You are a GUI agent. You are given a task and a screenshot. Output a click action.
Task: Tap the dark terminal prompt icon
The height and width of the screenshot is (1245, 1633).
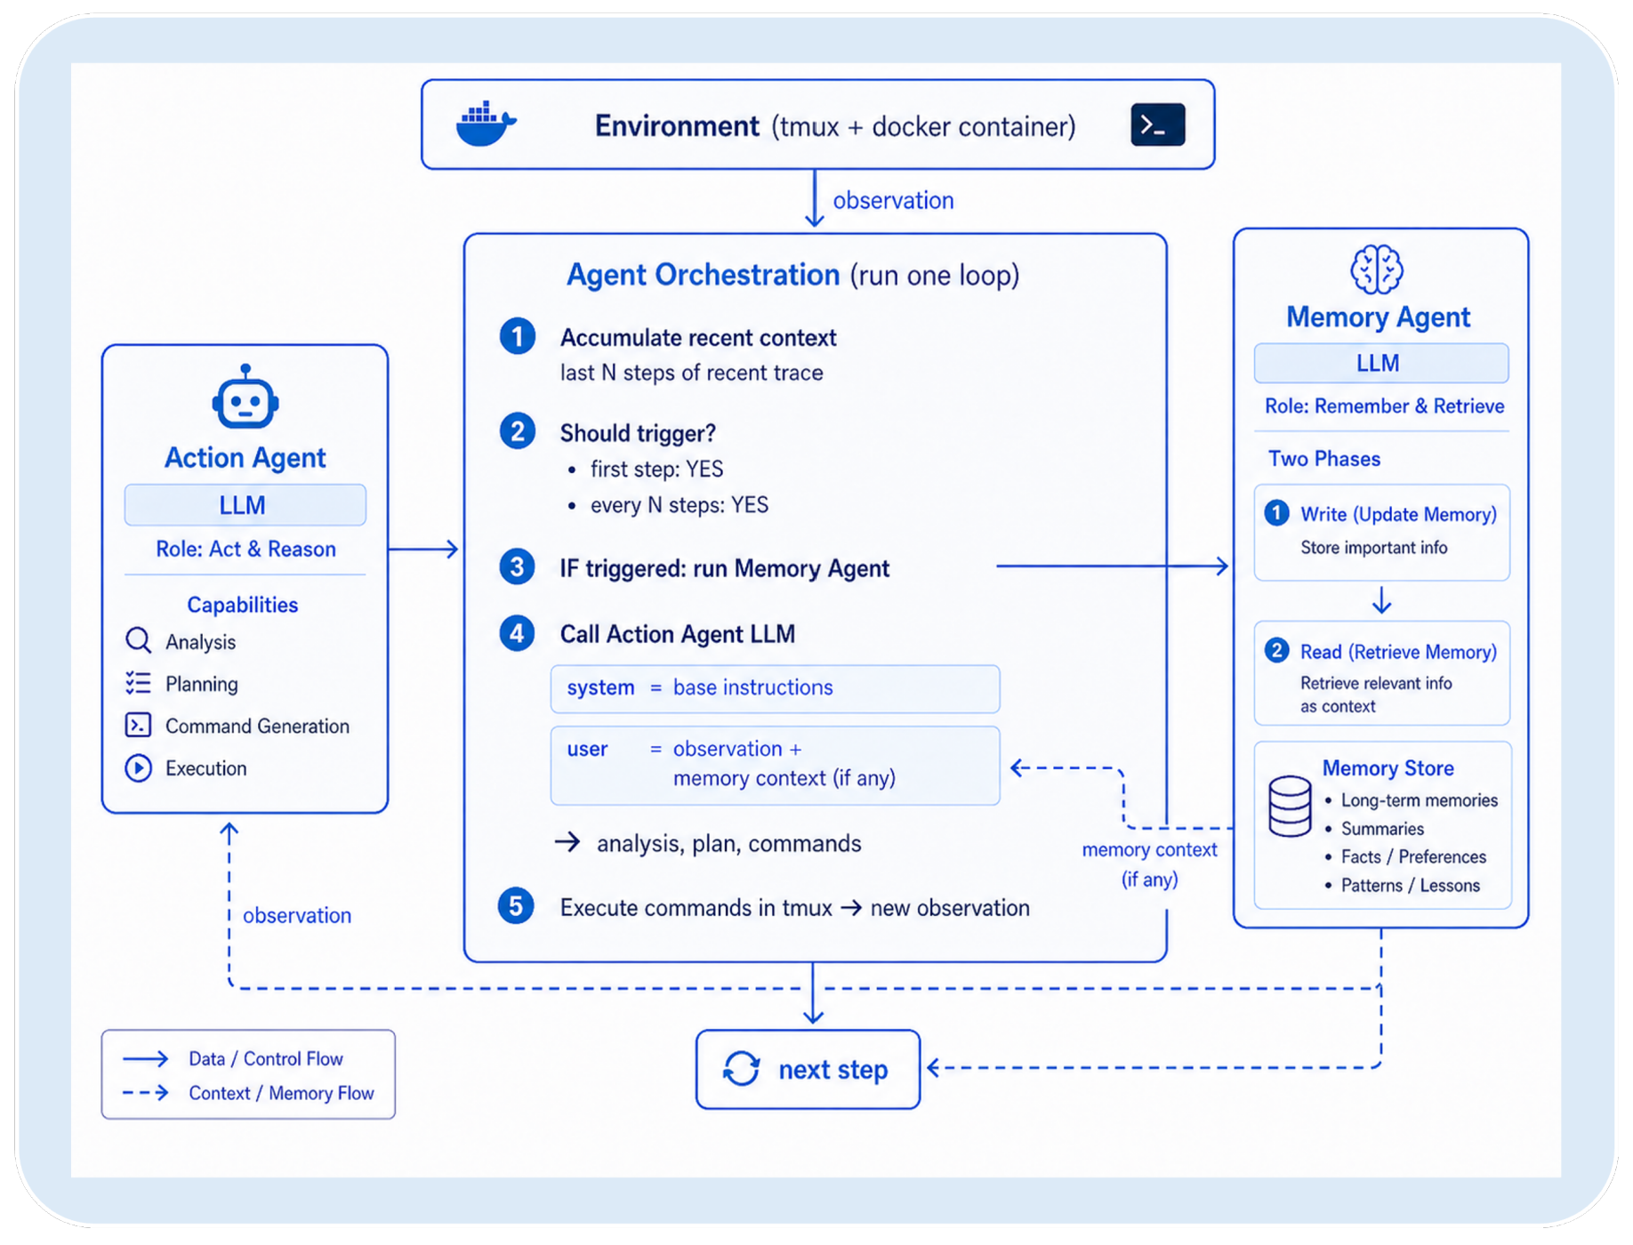pos(1157,124)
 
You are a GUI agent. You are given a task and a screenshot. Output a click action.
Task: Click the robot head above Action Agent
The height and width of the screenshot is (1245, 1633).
pos(245,398)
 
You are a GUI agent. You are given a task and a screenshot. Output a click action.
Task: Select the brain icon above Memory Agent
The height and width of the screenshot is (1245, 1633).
pos(1377,269)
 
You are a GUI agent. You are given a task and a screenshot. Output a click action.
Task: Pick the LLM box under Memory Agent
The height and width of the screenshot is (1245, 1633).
pos(1380,363)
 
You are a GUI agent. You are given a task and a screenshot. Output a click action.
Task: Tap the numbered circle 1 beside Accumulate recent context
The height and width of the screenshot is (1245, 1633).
pos(517,337)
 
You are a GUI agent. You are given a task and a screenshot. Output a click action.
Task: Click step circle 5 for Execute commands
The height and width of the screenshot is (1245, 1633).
pos(516,906)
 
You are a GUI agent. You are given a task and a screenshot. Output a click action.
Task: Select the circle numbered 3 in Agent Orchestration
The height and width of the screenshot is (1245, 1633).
pos(517,567)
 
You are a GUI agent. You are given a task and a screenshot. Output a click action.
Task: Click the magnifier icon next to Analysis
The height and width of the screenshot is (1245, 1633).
pos(138,640)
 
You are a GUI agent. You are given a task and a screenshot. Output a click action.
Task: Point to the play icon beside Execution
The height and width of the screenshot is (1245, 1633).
pos(138,767)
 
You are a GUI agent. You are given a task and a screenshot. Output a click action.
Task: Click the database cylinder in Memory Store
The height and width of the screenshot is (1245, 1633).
pos(1290,807)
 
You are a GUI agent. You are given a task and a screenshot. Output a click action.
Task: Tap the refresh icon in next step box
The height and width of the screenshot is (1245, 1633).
pos(741,1068)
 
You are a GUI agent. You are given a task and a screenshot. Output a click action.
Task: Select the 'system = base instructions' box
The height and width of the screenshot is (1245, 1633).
pos(775,688)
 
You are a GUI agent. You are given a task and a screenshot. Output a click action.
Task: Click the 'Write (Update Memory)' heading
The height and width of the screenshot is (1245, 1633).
pos(1398,514)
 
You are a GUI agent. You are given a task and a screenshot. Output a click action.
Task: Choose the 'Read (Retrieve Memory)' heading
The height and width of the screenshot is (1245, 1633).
pos(1398,652)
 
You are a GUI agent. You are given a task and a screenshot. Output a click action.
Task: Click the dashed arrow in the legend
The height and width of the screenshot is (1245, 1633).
pos(146,1092)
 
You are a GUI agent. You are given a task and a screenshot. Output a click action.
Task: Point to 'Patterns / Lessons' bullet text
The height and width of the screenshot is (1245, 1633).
pos(1410,885)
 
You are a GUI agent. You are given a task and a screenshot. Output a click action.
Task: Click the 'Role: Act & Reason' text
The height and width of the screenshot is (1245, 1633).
pos(245,549)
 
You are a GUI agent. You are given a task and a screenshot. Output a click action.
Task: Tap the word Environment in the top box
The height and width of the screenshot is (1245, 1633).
pos(677,126)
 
